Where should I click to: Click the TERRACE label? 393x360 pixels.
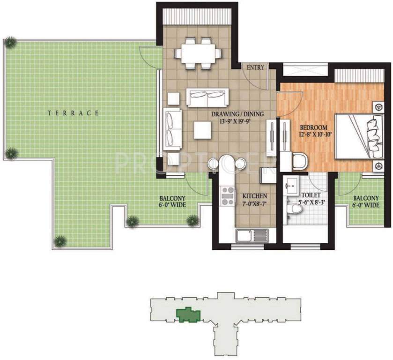tap(74, 113)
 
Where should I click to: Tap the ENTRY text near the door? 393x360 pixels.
tap(255, 67)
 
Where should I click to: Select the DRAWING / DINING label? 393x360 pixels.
tap(237, 114)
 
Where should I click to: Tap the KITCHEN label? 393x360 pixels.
tap(254, 196)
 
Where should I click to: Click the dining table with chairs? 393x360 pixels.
tap(198, 52)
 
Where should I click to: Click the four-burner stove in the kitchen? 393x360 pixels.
tap(227, 195)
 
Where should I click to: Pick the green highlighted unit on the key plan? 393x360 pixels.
tap(186, 315)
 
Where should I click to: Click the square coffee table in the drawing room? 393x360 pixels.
tap(202, 130)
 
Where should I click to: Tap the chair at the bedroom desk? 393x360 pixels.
tap(298, 161)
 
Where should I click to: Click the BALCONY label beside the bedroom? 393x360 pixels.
tap(366, 202)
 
